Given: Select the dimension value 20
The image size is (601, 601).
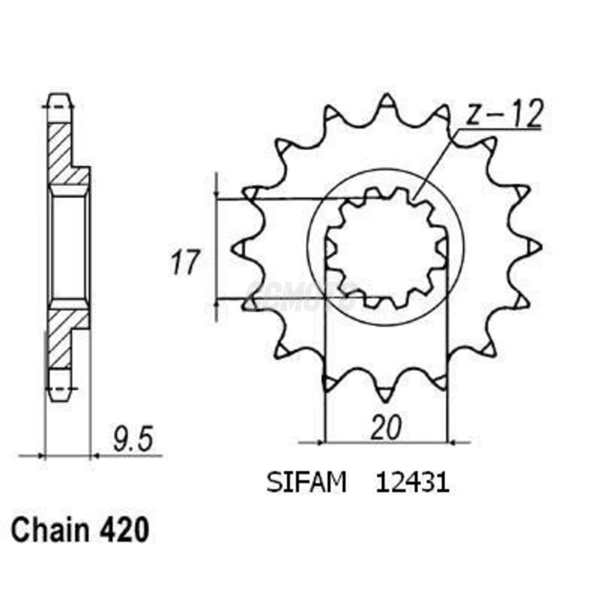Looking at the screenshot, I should (x=386, y=428).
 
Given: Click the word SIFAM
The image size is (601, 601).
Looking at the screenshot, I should (x=306, y=483).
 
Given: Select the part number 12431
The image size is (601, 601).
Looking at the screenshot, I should (x=412, y=483).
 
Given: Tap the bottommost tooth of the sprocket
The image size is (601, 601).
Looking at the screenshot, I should (x=386, y=393).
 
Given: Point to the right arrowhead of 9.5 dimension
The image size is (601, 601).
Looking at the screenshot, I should (x=96, y=455).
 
